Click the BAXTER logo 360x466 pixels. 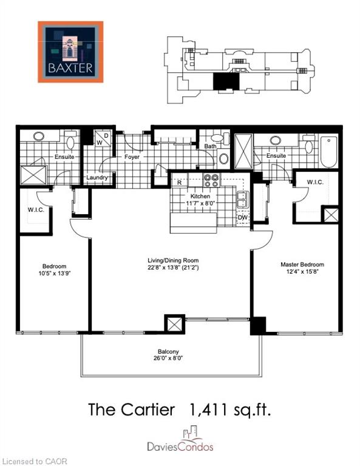pyautogui.click(x=70, y=52)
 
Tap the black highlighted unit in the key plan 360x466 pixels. pyautogui.click(x=226, y=81)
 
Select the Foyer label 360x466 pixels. pyautogui.click(x=132, y=157)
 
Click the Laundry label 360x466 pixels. pyautogui.click(x=97, y=177)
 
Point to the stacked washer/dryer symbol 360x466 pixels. pyautogui.click(x=103, y=138)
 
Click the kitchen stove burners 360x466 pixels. pyautogui.click(x=211, y=180)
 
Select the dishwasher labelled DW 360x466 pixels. pyautogui.click(x=243, y=218)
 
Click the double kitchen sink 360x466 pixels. pyautogui.click(x=243, y=200)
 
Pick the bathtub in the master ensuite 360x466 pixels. pyautogui.click(x=329, y=152)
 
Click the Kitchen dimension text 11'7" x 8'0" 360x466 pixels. pyautogui.click(x=200, y=203)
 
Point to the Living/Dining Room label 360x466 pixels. pyautogui.click(x=173, y=260)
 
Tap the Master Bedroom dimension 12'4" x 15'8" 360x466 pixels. pyautogui.click(x=302, y=271)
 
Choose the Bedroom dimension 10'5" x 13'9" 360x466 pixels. pyautogui.click(x=54, y=273)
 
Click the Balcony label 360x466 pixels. pyautogui.click(x=168, y=351)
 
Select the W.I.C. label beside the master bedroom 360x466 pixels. pyautogui.click(x=315, y=182)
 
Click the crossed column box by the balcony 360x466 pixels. pyautogui.click(x=174, y=323)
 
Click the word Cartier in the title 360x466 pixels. pyautogui.click(x=148, y=409)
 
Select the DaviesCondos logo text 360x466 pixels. pyautogui.click(x=180, y=447)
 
